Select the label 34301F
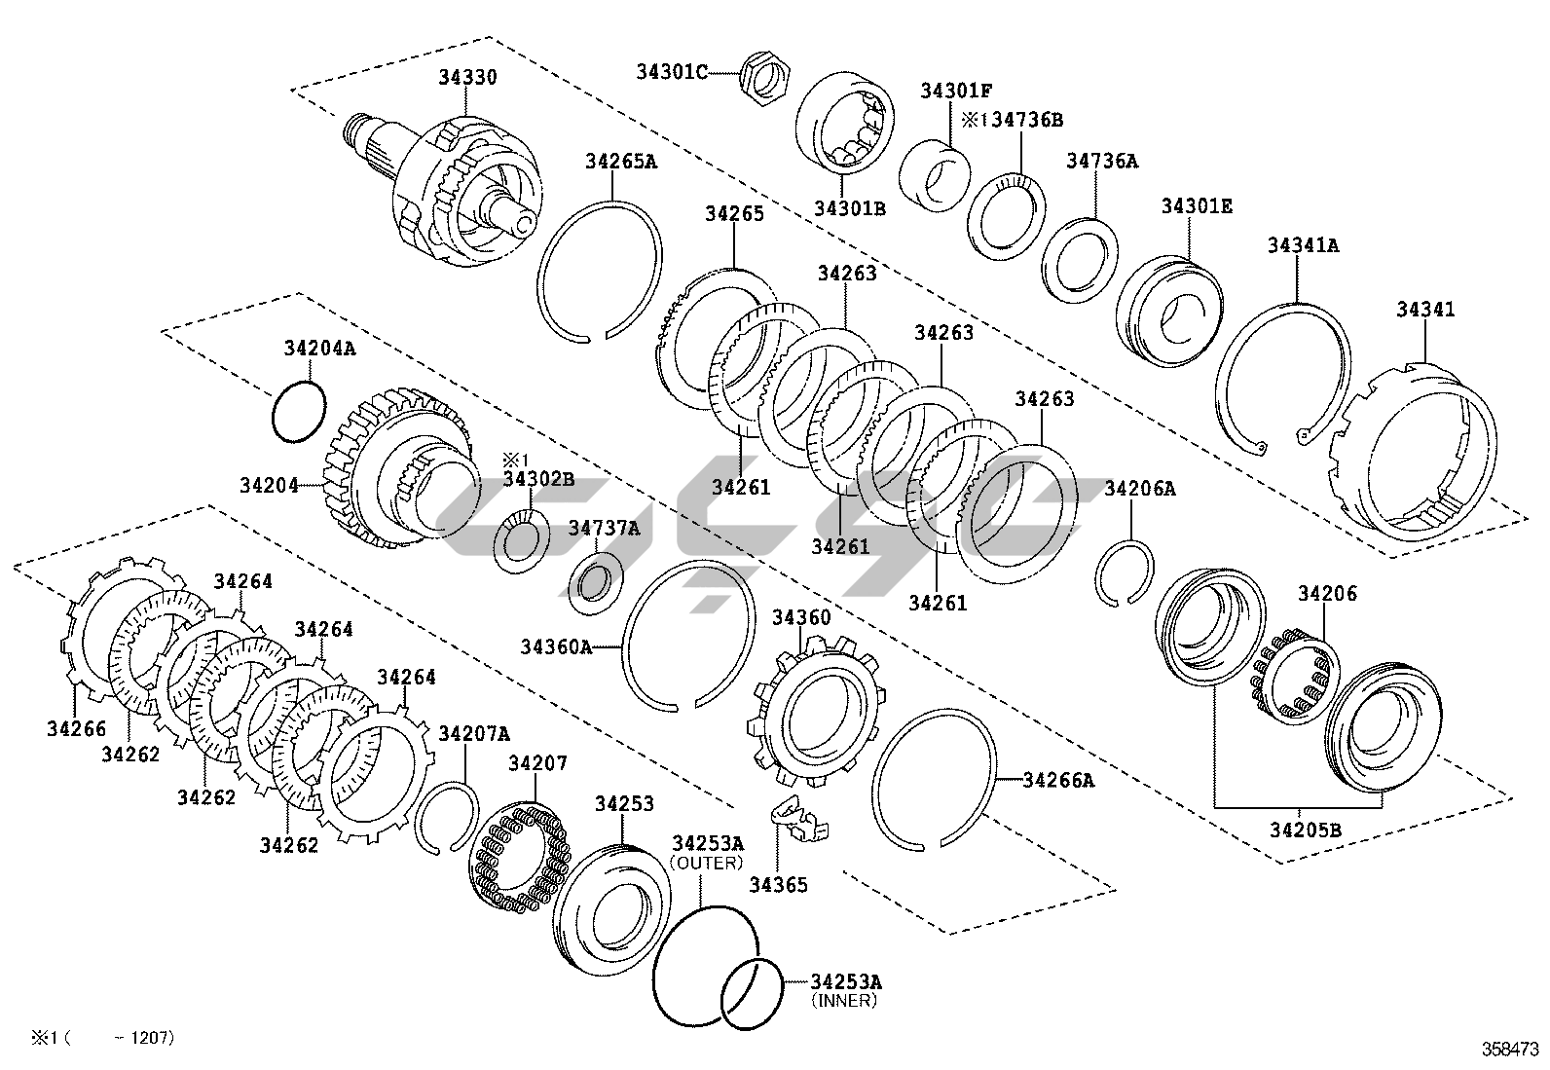pos(955,91)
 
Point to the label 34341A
pos(1302,245)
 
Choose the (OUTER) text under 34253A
pos(706,863)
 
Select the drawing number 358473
pos(1510,1049)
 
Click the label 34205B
pos(1305,830)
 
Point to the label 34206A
pos(1139,489)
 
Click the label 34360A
pos(555,646)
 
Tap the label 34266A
pos(1058,780)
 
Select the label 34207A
pos(474,733)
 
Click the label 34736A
pos(1101,161)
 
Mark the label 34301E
pos(1197,206)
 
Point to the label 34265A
pos(620,161)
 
